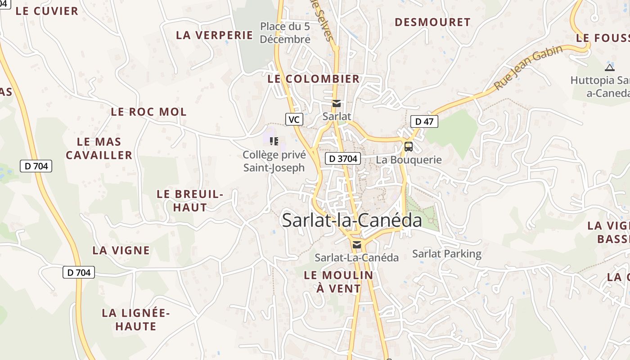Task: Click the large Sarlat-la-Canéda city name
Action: pos(352,220)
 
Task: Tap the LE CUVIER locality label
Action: pos(47,11)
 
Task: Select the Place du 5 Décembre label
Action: pos(285,33)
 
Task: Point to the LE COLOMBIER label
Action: pos(314,79)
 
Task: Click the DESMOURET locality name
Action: pos(432,22)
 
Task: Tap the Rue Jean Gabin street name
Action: pos(528,67)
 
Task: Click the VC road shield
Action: pos(294,119)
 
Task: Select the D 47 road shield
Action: pos(424,121)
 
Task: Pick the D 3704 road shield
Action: pos(343,158)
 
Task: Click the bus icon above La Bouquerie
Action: pos(409,146)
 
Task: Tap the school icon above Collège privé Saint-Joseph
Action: pos(274,141)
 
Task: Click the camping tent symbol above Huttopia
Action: pos(610,67)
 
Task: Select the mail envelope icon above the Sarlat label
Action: pos(336,104)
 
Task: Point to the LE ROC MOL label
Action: pos(148,112)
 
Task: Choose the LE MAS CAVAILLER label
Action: pos(99,148)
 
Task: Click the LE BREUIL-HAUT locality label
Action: pos(190,201)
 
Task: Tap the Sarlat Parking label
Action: pos(447,254)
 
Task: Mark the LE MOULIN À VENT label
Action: pos(338,282)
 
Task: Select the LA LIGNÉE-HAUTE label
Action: pos(135,319)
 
